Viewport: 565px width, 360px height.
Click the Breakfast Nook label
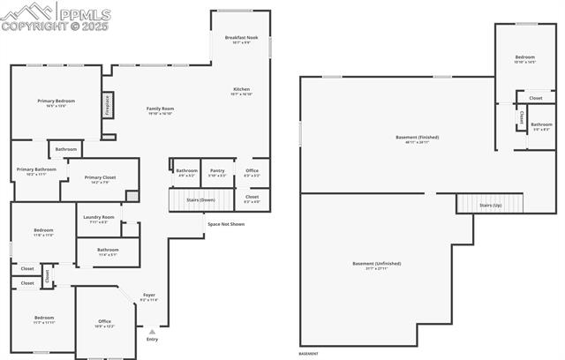click(240, 38)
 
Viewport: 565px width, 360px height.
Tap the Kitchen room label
click(241, 90)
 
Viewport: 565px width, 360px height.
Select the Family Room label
click(160, 109)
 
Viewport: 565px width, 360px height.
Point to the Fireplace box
click(108, 105)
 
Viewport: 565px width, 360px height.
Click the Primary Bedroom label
click(56, 101)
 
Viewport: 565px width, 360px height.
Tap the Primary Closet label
click(100, 178)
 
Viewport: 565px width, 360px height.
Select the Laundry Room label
click(99, 217)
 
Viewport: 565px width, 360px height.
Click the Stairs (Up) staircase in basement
click(490, 205)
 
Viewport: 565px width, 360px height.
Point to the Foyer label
click(148, 296)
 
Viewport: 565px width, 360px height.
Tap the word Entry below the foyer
click(152, 339)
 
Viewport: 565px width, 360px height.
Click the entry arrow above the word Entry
click(152, 331)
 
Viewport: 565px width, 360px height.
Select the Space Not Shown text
click(226, 224)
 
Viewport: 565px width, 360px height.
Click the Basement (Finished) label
click(417, 137)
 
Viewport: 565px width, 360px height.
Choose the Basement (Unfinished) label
click(377, 264)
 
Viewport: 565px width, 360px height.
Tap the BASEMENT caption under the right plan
click(308, 353)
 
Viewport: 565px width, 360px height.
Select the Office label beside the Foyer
click(104, 321)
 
